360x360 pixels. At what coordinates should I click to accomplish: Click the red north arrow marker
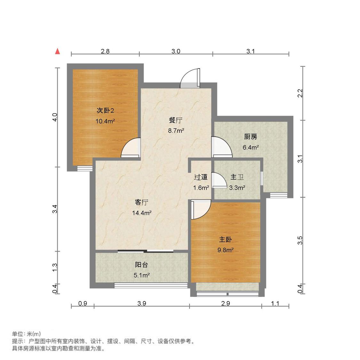click(x=57, y=51)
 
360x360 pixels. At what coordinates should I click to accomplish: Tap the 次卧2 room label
click(x=105, y=111)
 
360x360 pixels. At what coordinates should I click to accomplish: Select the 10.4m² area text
click(x=105, y=121)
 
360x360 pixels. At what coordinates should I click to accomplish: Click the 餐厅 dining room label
click(x=176, y=120)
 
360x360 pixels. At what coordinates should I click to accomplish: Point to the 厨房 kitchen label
click(x=251, y=137)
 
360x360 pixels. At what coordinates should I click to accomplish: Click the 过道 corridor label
click(x=201, y=177)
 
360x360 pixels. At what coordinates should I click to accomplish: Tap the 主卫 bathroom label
click(x=237, y=177)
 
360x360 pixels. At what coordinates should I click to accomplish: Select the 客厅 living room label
click(x=142, y=202)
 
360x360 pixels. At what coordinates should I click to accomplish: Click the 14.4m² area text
click(x=142, y=213)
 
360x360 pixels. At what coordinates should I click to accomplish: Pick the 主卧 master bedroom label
click(x=226, y=239)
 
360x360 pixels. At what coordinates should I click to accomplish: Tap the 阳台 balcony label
click(x=141, y=265)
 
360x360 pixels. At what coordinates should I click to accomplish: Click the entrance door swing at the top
click(x=190, y=78)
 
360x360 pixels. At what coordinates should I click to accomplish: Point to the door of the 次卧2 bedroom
click(x=131, y=148)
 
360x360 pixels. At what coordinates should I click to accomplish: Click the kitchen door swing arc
click(x=221, y=147)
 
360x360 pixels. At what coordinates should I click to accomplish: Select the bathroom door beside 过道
click(x=219, y=180)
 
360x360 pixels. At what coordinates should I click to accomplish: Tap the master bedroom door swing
click(x=201, y=209)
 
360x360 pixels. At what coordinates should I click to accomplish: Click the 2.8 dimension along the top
click(x=105, y=51)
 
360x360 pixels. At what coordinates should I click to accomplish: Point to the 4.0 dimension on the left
click(x=55, y=117)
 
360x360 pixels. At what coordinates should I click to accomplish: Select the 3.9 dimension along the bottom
click(x=142, y=303)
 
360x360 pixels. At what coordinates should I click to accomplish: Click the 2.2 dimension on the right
click(x=300, y=93)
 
